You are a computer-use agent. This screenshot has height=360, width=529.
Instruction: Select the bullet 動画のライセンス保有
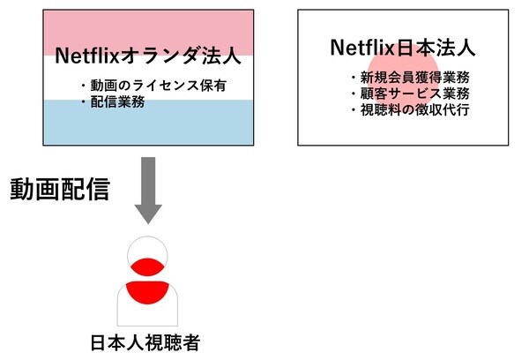point(148,86)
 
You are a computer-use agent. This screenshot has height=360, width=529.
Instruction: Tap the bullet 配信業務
point(116,102)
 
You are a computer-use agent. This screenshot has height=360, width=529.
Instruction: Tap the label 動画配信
point(59,190)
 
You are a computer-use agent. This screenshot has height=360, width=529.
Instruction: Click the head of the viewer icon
point(148,257)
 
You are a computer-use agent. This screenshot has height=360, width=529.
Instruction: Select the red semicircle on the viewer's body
point(148,290)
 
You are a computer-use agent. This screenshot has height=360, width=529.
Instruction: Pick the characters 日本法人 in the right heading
point(429,46)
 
